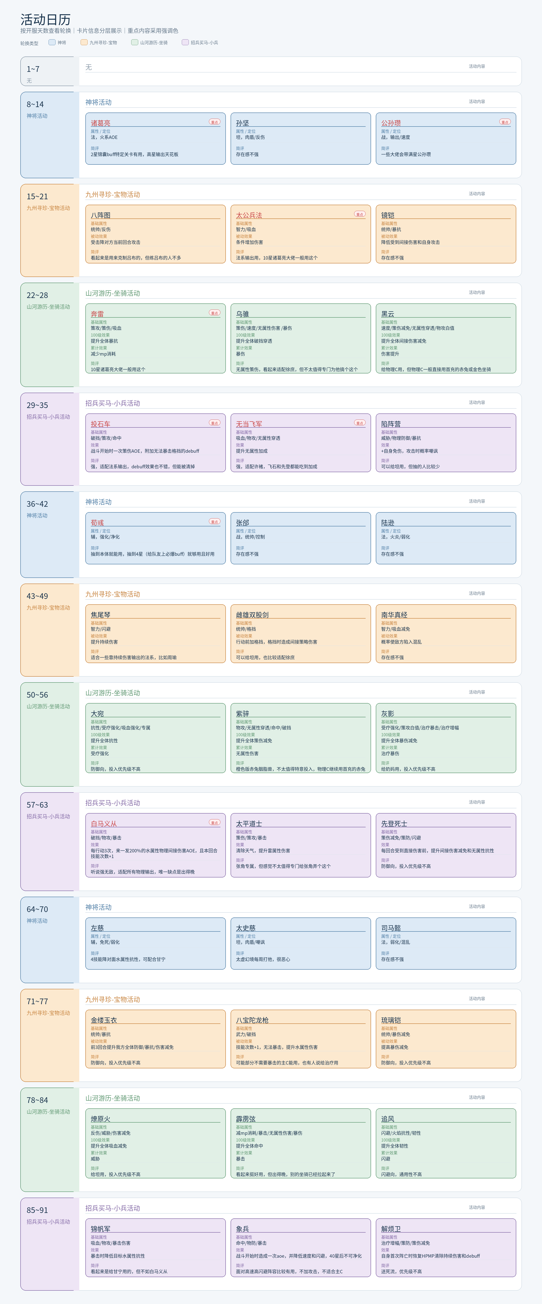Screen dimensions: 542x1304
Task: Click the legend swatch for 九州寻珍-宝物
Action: pyautogui.click(x=84, y=42)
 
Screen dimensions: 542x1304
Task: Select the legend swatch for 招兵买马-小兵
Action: pyautogui.click(x=185, y=42)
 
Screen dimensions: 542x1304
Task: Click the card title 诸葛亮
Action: pyautogui.click(x=101, y=123)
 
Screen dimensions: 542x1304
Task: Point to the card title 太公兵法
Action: pyautogui.click(x=249, y=215)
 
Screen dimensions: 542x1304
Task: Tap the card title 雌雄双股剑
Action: pyautogui.click(x=252, y=614)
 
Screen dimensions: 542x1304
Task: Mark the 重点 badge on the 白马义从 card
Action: pyautogui.click(x=215, y=822)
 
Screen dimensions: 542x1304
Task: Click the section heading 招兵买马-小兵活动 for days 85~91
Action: pyautogui.click(x=113, y=1208)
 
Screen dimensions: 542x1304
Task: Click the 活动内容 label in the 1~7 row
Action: pyautogui.click(x=477, y=66)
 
